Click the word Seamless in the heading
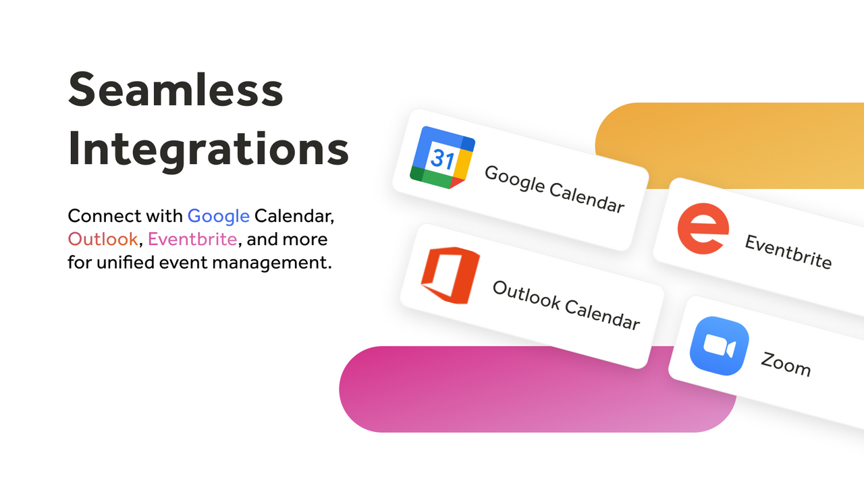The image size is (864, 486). point(175,90)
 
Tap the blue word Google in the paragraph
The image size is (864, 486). point(218,216)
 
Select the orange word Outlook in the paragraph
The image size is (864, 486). point(103,239)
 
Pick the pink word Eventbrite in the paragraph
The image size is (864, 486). point(192,239)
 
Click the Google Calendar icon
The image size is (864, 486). point(442,157)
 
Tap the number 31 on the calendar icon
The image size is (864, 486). point(442,159)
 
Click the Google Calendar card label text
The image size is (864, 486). point(554,188)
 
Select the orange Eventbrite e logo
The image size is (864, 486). point(703,230)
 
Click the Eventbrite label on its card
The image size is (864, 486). point(788,251)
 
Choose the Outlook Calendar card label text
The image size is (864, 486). point(566,305)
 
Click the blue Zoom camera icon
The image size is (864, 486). point(719,346)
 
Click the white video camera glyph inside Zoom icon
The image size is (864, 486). point(719,346)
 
